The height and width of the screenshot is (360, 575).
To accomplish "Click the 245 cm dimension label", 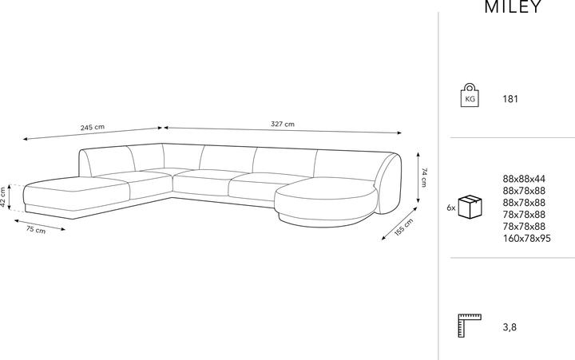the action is click(93, 127).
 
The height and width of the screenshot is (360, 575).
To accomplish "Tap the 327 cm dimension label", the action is click(283, 124).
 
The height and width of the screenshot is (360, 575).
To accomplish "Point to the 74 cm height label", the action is click(424, 177).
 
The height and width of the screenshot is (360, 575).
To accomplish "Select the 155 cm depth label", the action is click(404, 227).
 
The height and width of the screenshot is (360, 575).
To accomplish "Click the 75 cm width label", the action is click(36, 230).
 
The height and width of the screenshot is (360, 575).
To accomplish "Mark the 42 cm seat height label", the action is click(3, 197).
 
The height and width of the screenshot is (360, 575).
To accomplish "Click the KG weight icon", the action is click(470, 95).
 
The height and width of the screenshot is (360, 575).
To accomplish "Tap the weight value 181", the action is click(510, 99).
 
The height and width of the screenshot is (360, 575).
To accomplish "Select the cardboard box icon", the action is click(470, 207).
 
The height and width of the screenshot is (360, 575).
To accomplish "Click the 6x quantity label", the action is click(451, 208).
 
